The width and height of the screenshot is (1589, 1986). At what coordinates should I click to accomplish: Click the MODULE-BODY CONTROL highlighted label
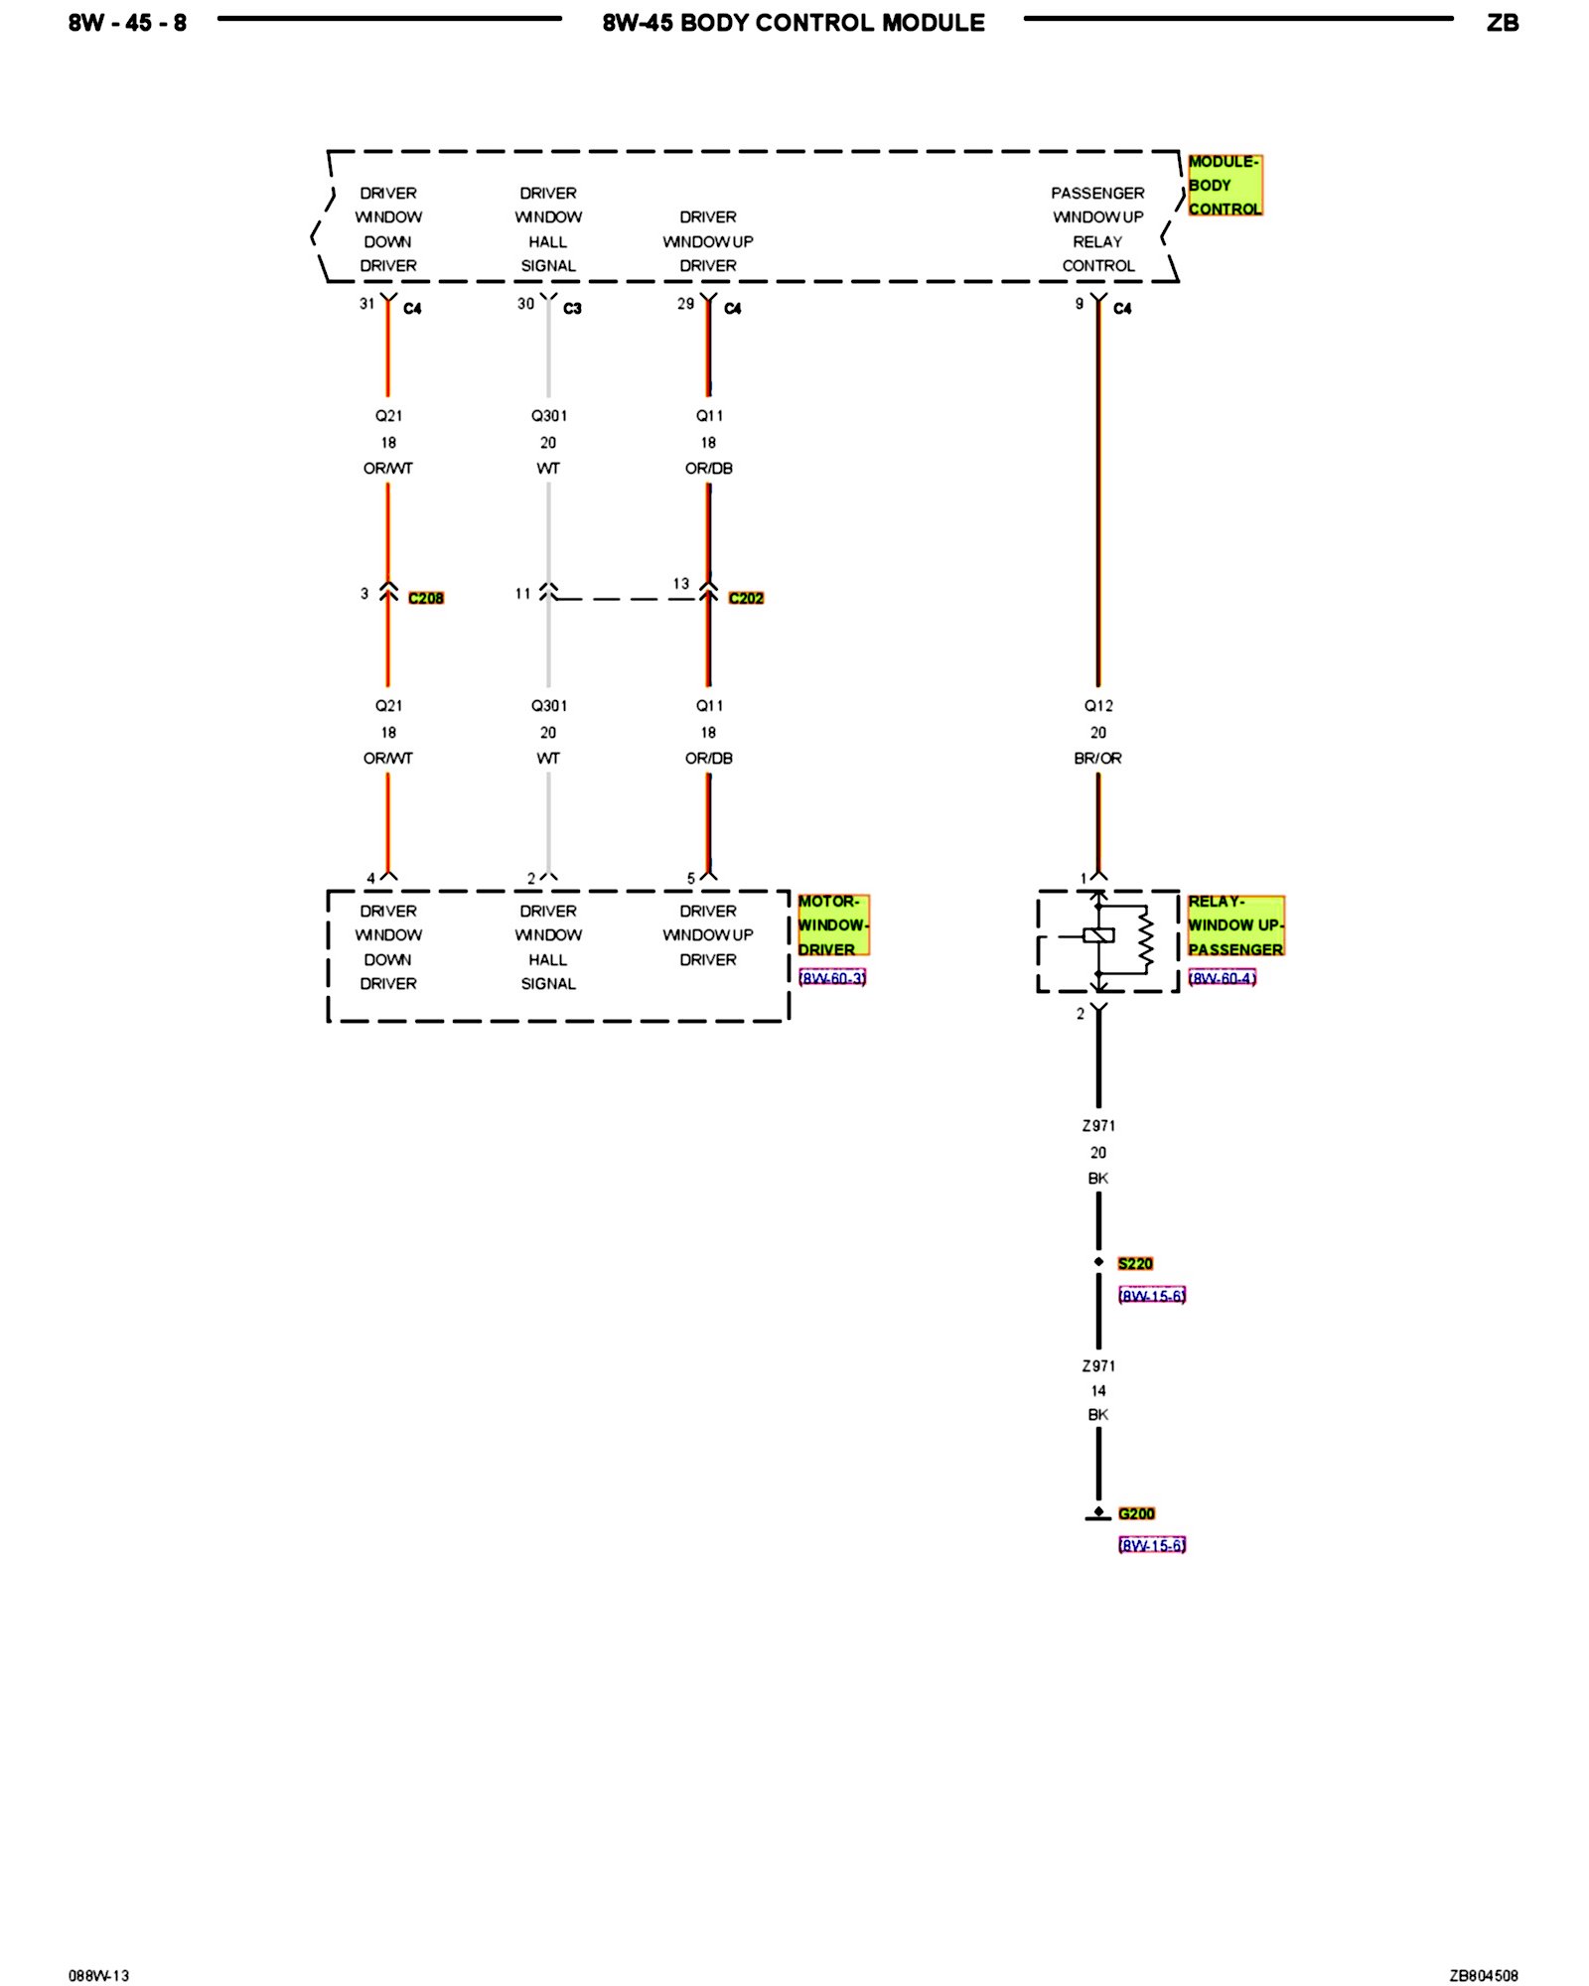(1225, 185)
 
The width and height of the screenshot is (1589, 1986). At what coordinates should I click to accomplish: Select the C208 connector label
(426, 598)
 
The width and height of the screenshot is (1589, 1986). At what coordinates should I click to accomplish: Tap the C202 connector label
(746, 598)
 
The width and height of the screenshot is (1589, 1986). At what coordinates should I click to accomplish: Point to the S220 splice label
(1135, 1263)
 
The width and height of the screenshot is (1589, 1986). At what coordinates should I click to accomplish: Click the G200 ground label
(1136, 1513)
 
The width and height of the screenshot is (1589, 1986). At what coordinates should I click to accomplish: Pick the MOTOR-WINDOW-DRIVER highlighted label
(833, 924)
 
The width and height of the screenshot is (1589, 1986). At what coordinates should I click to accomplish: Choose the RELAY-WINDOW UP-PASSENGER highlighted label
(1235, 924)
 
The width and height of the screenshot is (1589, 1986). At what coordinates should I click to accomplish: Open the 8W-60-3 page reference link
(832, 978)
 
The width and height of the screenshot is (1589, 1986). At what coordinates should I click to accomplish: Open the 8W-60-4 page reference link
(1223, 978)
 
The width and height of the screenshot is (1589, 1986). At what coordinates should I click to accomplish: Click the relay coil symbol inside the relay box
(1098, 934)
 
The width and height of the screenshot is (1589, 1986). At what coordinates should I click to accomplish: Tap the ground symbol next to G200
(1098, 1515)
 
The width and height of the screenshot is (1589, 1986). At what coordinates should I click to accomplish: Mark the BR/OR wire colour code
(1097, 759)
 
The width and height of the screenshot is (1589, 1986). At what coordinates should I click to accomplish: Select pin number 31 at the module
(367, 304)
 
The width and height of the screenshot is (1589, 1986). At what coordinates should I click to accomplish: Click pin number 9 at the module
(1080, 304)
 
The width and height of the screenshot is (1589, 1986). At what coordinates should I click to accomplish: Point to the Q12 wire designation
(1098, 706)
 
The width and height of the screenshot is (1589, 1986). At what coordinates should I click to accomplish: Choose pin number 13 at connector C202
(681, 584)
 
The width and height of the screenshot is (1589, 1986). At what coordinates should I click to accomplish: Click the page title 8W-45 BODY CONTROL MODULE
(794, 23)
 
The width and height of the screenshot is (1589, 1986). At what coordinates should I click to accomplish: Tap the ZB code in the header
(1503, 23)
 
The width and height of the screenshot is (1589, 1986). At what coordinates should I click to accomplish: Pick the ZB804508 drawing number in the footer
(1484, 1948)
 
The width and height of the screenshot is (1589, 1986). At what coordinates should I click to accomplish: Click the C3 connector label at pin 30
(572, 309)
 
